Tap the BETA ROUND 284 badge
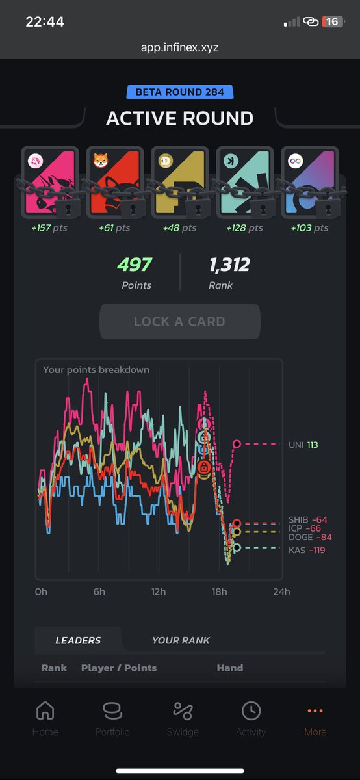click(179, 92)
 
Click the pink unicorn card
click(50, 182)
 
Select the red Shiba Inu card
click(114, 182)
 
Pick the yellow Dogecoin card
click(179, 182)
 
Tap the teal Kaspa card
click(244, 182)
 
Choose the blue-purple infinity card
click(309, 182)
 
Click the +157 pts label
click(50, 228)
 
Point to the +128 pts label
click(244, 228)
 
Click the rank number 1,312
click(229, 265)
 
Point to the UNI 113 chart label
click(303, 445)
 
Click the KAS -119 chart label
click(307, 551)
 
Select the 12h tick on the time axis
click(158, 592)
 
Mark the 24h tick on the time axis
click(281, 592)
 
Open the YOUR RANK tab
click(181, 640)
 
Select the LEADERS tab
click(78, 640)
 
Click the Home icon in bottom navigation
click(45, 711)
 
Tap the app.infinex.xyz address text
click(180, 47)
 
